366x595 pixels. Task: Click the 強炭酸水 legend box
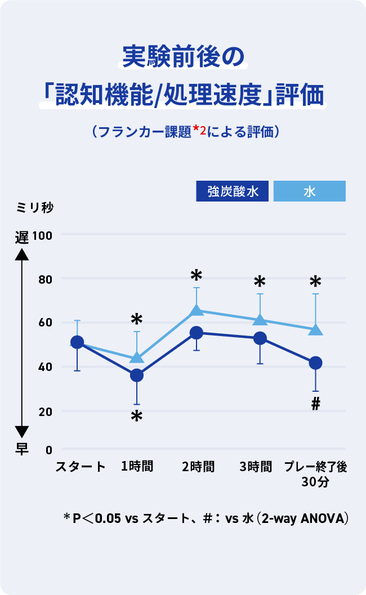coord(232,191)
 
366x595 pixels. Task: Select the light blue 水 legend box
coord(309,191)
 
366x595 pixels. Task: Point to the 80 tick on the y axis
coord(45,279)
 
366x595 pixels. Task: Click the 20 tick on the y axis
coord(45,411)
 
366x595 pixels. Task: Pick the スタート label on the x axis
coord(80,467)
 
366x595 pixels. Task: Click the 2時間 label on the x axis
coord(198,467)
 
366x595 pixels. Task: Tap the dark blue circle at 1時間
coord(137,375)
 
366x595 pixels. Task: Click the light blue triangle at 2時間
coord(197,310)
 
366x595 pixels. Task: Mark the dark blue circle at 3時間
coord(260,338)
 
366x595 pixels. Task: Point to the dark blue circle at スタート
coord(77,342)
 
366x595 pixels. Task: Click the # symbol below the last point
coord(315,404)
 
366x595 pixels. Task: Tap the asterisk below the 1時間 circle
coord(136,418)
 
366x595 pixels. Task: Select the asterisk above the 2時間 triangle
coord(196,276)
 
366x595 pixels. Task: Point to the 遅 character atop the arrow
coord(21,237)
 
